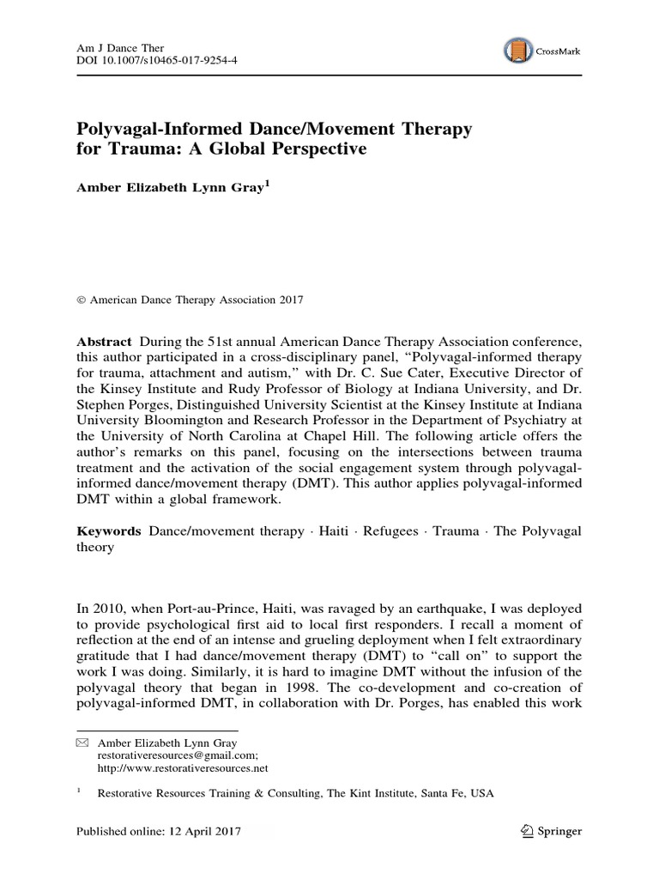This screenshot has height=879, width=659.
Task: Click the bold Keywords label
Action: click(109, 531)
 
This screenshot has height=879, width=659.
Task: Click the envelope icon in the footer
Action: click(82, 742)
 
